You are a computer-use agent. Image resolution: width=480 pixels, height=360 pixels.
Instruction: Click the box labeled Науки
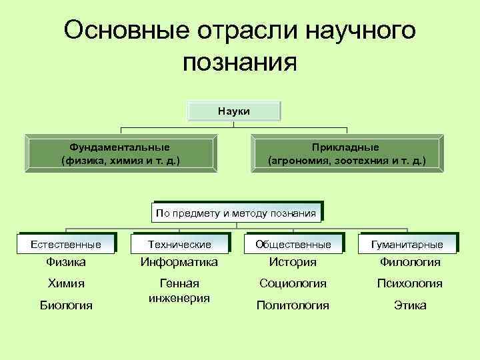click(x=234, y=111)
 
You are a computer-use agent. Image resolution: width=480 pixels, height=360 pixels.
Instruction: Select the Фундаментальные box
click(x=120, y=153)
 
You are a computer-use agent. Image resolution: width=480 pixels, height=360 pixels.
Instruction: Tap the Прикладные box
click(x=346, y=153)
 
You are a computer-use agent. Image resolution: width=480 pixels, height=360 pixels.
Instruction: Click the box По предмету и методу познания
click(x=235, y=213)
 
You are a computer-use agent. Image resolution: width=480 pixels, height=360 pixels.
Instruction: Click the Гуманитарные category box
click(x=408, y=245)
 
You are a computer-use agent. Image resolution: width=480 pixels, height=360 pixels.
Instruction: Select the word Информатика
click(x=179, y=263)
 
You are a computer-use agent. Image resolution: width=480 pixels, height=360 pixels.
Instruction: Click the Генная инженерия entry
click(x=179, y=291)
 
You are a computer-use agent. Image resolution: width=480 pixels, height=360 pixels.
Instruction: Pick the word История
click(x=293, y=263)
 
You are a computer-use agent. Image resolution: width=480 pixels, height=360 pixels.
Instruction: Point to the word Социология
click(x=293, y=283)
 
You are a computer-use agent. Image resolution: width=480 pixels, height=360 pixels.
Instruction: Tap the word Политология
click(x=293, y=305)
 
